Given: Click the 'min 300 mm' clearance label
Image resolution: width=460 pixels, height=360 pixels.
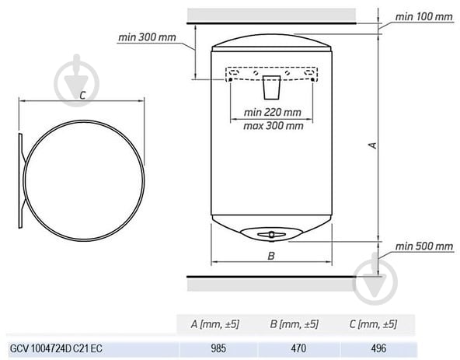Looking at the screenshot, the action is click(147, 37).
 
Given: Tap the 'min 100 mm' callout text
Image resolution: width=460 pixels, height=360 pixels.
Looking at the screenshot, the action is click(424, 17).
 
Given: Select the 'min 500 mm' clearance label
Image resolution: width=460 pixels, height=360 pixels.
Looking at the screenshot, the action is click(424, 246).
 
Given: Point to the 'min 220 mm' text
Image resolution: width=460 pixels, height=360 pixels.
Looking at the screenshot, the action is click(273, 112).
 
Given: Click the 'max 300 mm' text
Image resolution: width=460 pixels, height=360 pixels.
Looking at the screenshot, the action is click(274, 126).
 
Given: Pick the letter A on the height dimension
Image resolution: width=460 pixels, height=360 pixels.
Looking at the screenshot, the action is click(372, 145).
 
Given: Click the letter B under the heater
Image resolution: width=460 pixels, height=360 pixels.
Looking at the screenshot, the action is click(271, 256).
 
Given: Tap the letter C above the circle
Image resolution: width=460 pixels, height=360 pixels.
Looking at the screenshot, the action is click(82, 96).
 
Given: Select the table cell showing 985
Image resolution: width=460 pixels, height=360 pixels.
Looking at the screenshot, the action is click(218, 348).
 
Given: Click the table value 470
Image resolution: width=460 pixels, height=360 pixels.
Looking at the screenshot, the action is click(298, 348).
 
